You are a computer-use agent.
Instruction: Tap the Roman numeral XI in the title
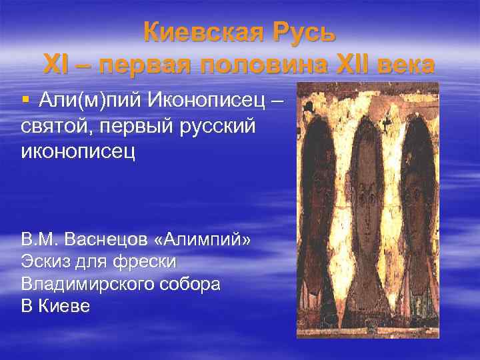pos(55,65)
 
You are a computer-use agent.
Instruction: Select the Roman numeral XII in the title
pos(360,65)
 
